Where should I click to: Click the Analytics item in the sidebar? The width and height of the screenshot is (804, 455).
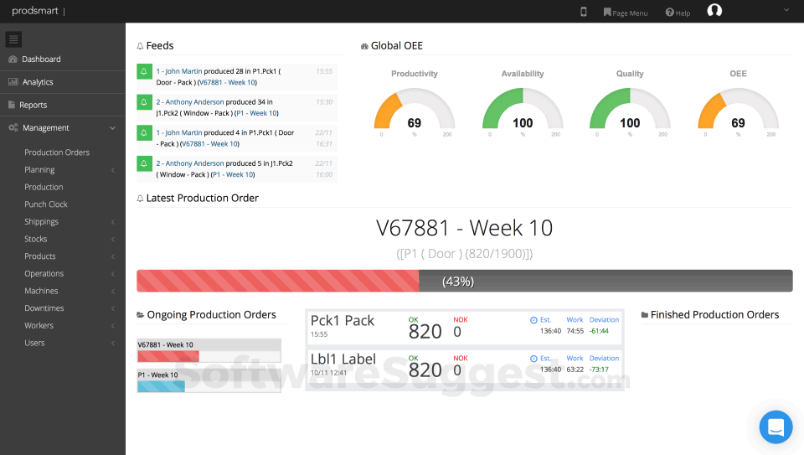pyautogui.click(x=38, y=82)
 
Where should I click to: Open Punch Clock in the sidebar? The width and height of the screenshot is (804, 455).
pyautogui.click(x=46, y=204)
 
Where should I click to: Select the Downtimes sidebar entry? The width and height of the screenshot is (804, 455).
pyautogui.click(x=44, y=308)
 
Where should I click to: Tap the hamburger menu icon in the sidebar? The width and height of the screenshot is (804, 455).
pyautogui.click(x=14, y=39)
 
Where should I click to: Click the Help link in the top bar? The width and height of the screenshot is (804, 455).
pyautogui.click(x=678, y=13)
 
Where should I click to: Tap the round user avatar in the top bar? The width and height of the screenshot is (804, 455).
pyautogui.click(x=714, y=11)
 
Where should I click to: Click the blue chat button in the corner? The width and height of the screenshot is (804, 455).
pyautogui.click(x=776, y=427)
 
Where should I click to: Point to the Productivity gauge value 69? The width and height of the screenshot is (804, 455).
pyautogui.click(x=414, y=123)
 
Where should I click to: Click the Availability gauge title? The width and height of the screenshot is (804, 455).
pyautogui.click(x=523, y=74)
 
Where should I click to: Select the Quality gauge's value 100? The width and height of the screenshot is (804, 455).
pyautogui.click(x=630, y=123)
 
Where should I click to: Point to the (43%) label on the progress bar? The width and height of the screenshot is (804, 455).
pyautogui.click(x=458, y=282)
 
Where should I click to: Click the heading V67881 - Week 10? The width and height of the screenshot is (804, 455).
pyautogui.click(x=464, y=228)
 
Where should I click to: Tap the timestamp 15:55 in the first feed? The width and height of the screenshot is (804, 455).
pyautogui.click(x=324, y=71)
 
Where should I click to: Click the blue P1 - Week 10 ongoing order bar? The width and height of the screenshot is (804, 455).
pyautogui.click(x=161, y=386)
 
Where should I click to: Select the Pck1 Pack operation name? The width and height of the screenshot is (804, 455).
pyautogui.click(x=343, y=321)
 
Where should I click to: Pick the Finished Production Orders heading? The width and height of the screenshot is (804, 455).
pyautogui.click(x=714, y=315)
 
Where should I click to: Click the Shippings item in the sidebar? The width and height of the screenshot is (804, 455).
pyautogui.click(x=42, y=222)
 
